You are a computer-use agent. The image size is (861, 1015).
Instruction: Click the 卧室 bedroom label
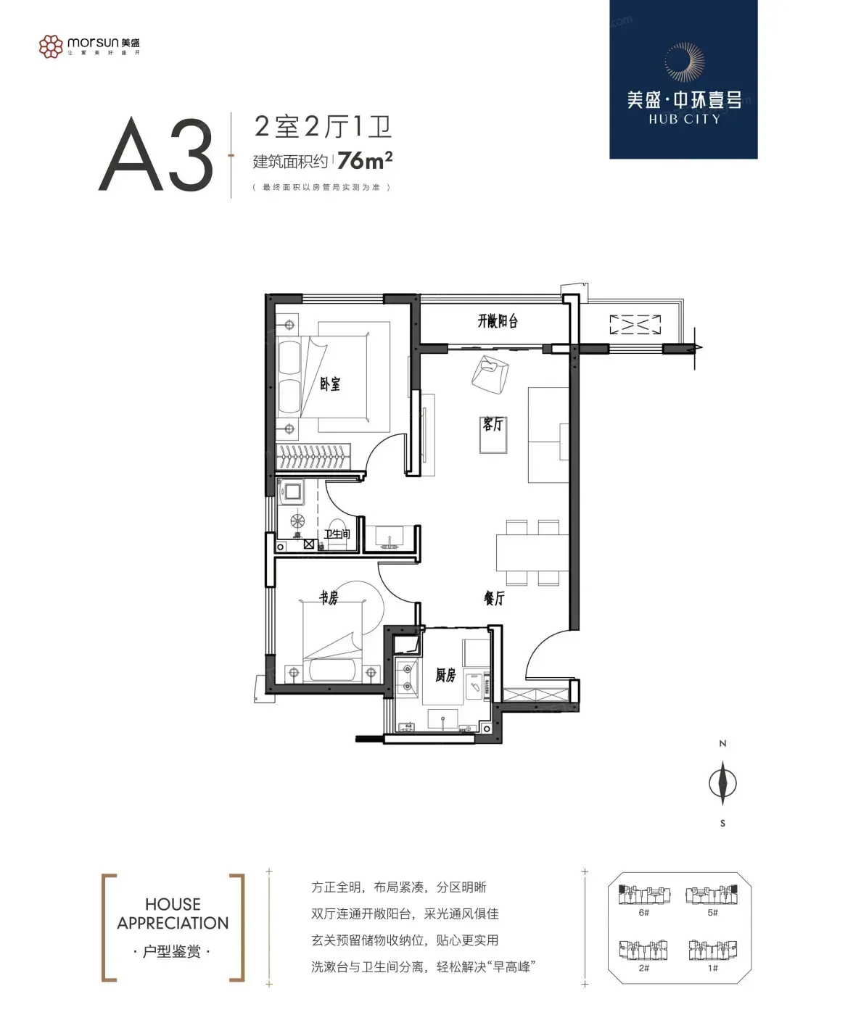pyautogui.click(x=330, y=384)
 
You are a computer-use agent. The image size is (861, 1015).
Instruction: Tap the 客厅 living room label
pyautogui.click(x=493, y=424)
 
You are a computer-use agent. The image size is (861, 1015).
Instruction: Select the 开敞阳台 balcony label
pyautogui.click(x=498, y=321)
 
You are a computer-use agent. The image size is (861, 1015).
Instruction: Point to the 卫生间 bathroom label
pyautogui.click(x=337, y=534)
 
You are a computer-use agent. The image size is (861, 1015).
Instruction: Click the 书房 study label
pyautogui.click(x=329, y=597)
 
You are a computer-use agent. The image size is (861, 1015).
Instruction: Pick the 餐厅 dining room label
pyautogui.click(x=494, y=597)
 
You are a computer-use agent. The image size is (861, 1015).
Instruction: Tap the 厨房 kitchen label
pyautogui.click(x=445, y=675)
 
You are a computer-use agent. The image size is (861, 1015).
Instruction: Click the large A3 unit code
pyautogui.click(x=156, y=154)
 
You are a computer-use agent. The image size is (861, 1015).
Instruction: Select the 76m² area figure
pyautogui.click(x=365, y=160)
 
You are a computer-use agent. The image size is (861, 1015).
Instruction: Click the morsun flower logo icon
pyautogui.click(x=51, y=46)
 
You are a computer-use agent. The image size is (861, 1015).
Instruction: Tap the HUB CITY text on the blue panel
pyautogui.click(x=684, y=120)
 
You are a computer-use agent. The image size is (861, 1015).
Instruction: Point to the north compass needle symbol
pyautogui.click(x=722, y=783)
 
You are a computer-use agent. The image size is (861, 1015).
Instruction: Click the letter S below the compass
pyautogui.click(x=723, y=824)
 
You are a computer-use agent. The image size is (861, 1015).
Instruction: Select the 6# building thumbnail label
pyautogui.click(x=644, y=912)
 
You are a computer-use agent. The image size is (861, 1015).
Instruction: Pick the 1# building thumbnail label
pyautogui.click(x=712, y=968)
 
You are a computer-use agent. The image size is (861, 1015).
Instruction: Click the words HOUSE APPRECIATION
pyautogui.click(x=173, y=913)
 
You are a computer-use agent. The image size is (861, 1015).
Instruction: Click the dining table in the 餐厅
pyautogui.click(x=532, y=552)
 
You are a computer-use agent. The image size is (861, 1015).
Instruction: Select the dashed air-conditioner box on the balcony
pyautogui.click(x=635, y=325)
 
